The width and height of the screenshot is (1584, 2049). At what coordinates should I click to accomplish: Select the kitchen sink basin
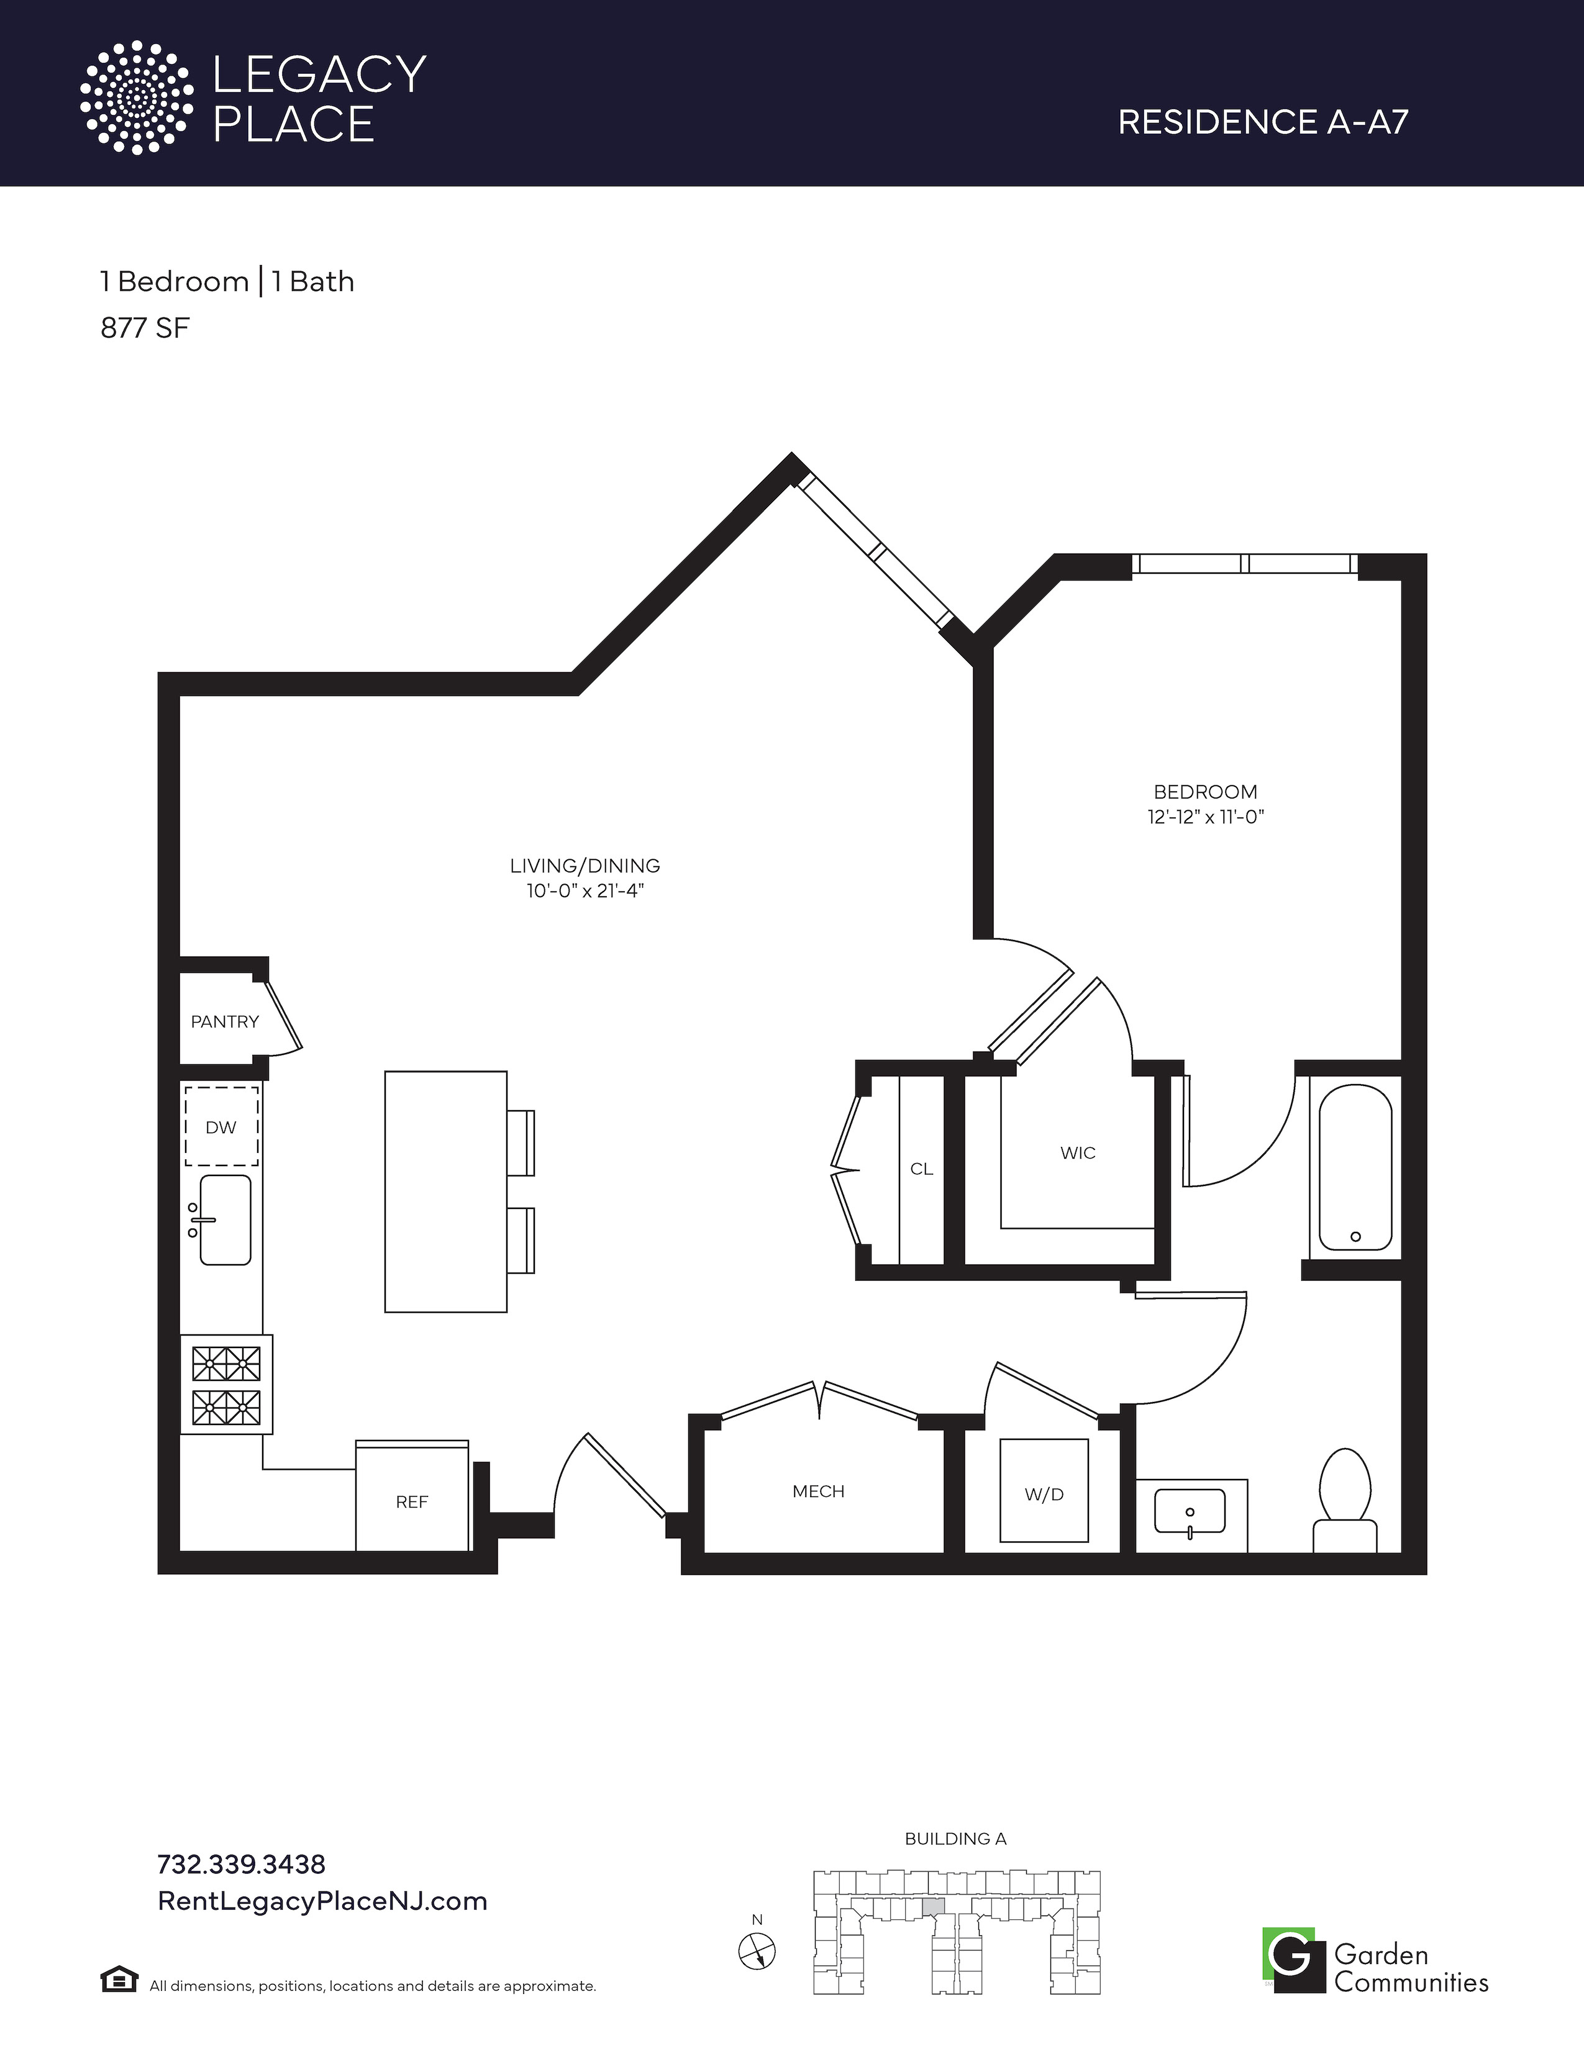tap(225, 1219)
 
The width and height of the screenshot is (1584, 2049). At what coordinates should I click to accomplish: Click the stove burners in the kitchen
tap(226, 1385)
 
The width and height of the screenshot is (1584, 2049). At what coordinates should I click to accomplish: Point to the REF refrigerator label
tap(412, 1502)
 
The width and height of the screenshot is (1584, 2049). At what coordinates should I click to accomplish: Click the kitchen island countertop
tap(446, 1192)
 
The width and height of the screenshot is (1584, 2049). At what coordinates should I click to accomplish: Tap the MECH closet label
tap(818, 1491)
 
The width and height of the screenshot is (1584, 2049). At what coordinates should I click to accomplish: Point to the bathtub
tap(1355, 1168)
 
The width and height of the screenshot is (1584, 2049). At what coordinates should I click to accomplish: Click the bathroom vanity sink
tap(1190, 1511)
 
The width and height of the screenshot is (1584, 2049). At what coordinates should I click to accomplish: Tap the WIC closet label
tap(1078, 1153)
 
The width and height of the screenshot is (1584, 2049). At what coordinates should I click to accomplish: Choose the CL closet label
tap(921, 1169)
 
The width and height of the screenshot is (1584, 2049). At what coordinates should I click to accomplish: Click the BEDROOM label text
tap(1206, 792)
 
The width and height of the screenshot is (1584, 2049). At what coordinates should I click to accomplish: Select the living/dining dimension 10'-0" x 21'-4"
tap(585, 890)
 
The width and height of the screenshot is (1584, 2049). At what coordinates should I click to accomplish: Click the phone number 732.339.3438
tap(241, 1863)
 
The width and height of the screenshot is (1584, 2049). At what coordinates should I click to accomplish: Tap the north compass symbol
tap(757, 1952)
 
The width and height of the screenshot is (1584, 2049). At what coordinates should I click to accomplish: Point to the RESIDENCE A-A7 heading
tap(1263, 122)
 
